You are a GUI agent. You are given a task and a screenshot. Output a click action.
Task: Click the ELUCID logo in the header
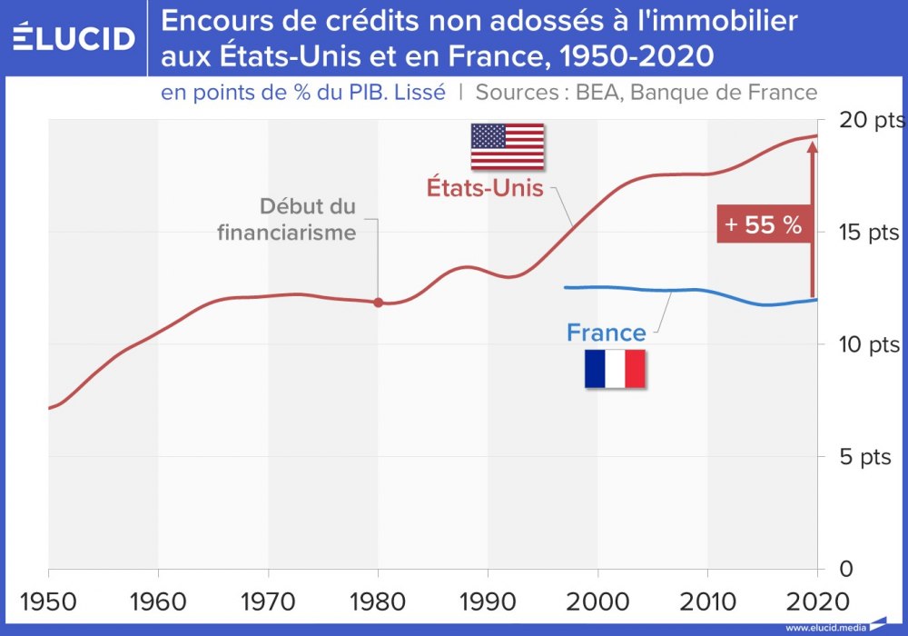pos(74,38)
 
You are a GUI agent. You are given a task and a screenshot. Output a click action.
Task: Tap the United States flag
pos(507,146)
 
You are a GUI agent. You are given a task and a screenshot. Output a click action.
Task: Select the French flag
pos(615,369)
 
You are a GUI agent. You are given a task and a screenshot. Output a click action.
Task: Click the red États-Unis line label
pos(485,189)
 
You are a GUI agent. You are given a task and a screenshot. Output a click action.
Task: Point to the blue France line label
pos(606,333)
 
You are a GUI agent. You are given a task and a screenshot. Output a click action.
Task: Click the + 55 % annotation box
pos(763,225)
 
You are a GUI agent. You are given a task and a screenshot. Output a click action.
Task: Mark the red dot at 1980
pos(379,303)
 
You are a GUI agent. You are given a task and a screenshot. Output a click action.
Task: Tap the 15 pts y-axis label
pos(864,233)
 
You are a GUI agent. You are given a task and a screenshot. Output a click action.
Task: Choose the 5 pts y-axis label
pos(864,456)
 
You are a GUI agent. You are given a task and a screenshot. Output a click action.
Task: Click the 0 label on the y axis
pos(845,569)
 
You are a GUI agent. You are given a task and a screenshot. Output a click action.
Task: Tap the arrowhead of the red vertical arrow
pos(812,145)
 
